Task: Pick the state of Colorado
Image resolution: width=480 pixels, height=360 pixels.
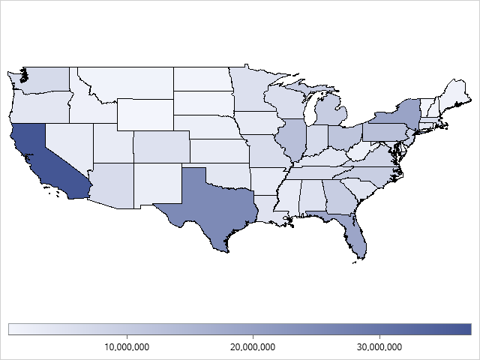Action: point(160,147)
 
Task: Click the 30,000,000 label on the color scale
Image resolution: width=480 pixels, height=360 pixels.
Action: point(379,346)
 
